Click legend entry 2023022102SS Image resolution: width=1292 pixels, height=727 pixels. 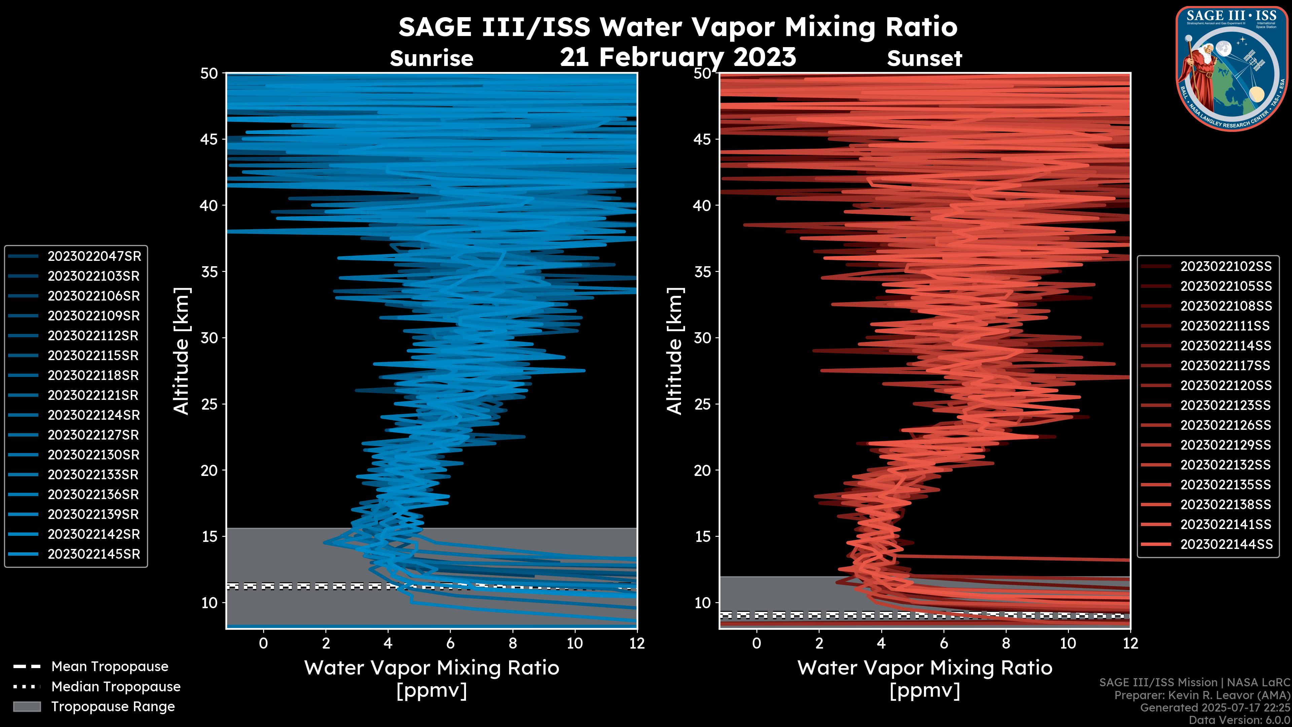coord(1226,267)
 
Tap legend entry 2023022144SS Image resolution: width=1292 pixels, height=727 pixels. coord(1226,544)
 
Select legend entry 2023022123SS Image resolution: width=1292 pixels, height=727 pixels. coord(1226,405)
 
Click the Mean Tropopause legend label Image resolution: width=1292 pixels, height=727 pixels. coord(110,667)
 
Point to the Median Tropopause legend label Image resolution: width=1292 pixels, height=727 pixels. coord(116,687)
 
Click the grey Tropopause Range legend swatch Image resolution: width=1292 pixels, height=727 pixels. coord(27,706)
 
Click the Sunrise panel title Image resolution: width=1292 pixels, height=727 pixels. coord(431,59)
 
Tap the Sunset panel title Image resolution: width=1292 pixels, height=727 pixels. coord(924,59)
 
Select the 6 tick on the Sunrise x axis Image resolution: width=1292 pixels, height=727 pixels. coord(450,643)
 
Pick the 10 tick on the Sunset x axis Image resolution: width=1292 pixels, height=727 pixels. coord(1068,643)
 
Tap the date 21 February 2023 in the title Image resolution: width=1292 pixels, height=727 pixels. coord(678,57)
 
